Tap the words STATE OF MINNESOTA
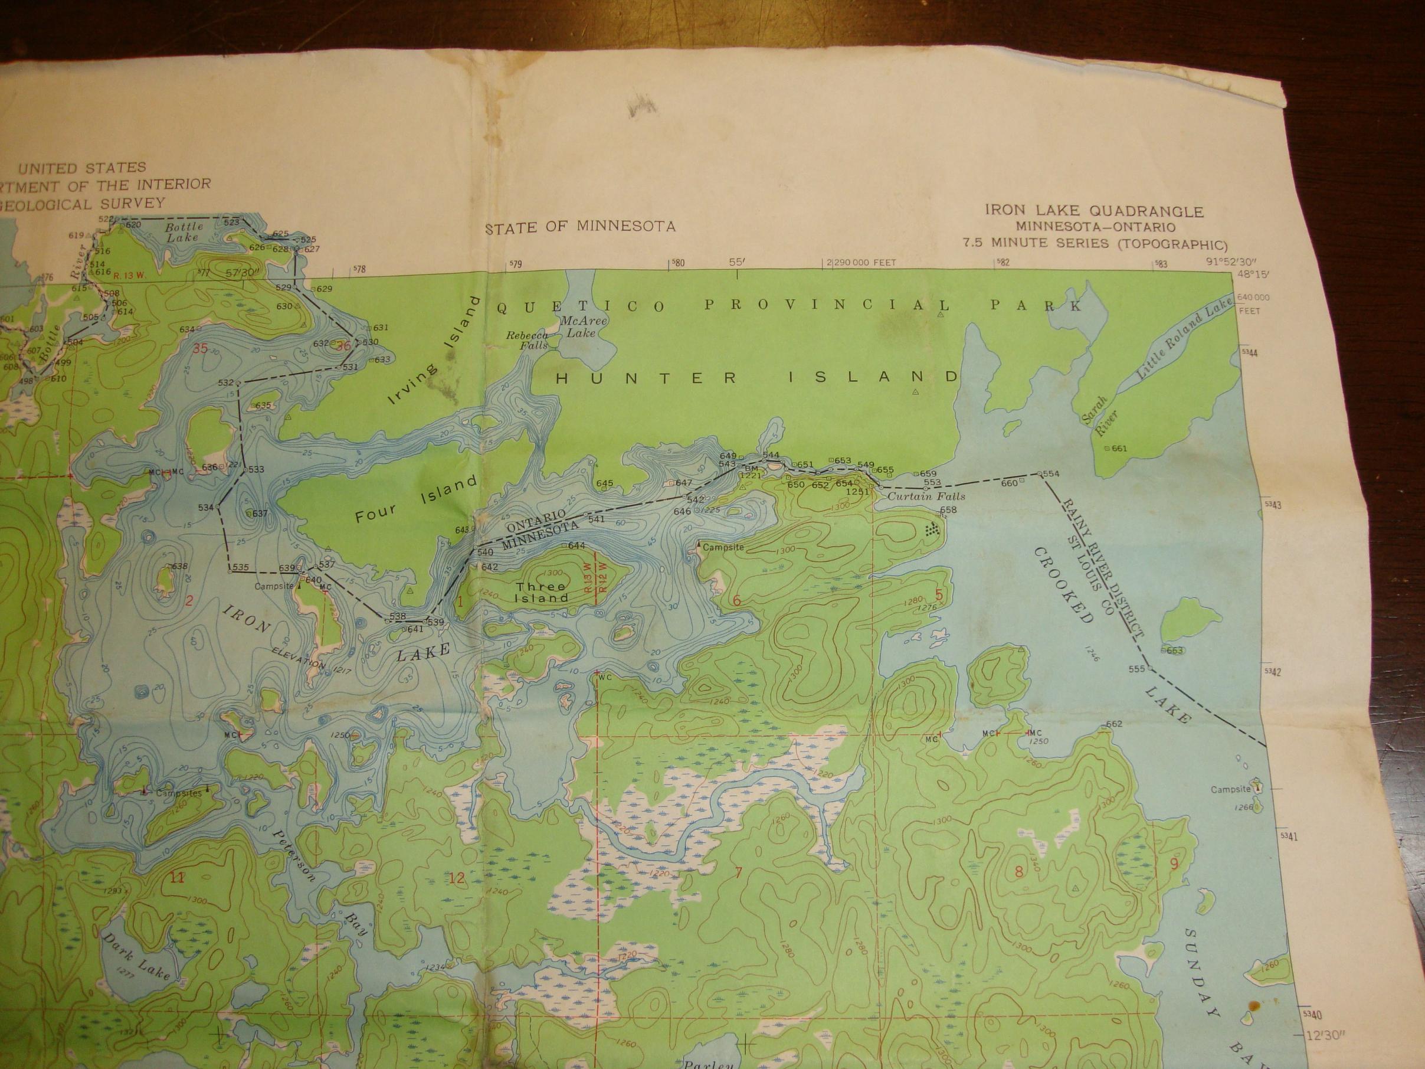[x=581, y=227]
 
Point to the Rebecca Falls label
[x=528, y=340]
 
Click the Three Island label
[x=540, y=592]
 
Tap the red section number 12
[x=457, y=878]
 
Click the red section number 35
[x=201, y=349]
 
